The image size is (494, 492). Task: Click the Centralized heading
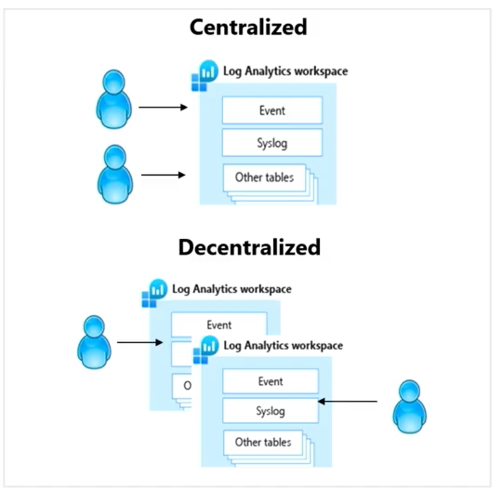(x=248, y=27)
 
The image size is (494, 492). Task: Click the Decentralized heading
(x=249, y=247)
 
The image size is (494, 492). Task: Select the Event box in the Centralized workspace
(x=272, y=110)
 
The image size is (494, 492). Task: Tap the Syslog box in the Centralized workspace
(x=272, y=143)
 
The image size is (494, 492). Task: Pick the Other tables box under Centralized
(x=264, y=177)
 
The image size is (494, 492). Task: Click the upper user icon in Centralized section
(x=114, y=99)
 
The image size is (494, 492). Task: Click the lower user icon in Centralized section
(x=115, y=174)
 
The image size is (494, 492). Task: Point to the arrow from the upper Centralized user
(x=162, y=107)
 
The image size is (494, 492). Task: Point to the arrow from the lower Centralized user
(x=163, y=175)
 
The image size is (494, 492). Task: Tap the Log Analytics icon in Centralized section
(x=203, y=75)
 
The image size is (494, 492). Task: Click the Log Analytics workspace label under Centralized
(x=285, y=71)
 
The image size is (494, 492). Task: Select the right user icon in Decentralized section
(x=410, y=406)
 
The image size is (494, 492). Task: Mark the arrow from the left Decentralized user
(x=140, y=342)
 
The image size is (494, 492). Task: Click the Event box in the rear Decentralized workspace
(x=219, y=324)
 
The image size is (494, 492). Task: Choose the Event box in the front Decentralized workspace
(x=270, y=381)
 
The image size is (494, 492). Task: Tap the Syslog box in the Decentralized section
(x=270, y=411)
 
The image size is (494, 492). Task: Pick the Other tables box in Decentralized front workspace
(x=263, y=442)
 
